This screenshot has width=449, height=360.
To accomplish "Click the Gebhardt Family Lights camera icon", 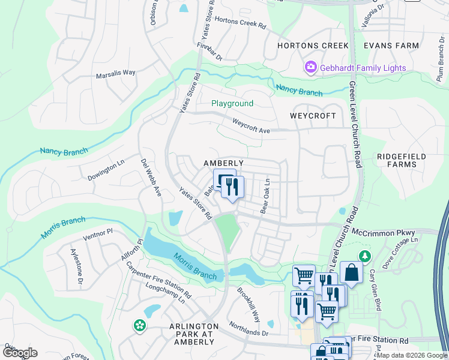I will [x=311, y=68].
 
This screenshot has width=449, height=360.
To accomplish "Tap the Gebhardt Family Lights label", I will [x=363, y=68].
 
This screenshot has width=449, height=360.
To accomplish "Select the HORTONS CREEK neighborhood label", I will [x=313, y=46].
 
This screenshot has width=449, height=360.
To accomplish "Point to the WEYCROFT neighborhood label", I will [x=313, y=115].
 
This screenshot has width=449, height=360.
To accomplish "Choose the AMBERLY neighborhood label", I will [x=223, y=163].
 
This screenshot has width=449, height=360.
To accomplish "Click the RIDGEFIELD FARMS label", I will [x=401, y=160].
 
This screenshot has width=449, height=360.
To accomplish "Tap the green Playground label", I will [x=232, y=103].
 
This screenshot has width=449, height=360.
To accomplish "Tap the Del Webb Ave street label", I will [x=151, y=178].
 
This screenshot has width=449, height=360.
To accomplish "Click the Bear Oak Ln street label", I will [x=265, y=196].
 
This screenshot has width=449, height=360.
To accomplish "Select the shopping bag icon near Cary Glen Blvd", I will [x=351, y=273].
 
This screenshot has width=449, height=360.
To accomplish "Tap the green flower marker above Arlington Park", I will [x=140, y=326].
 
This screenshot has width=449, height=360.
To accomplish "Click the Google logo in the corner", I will [x=20, y=353].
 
